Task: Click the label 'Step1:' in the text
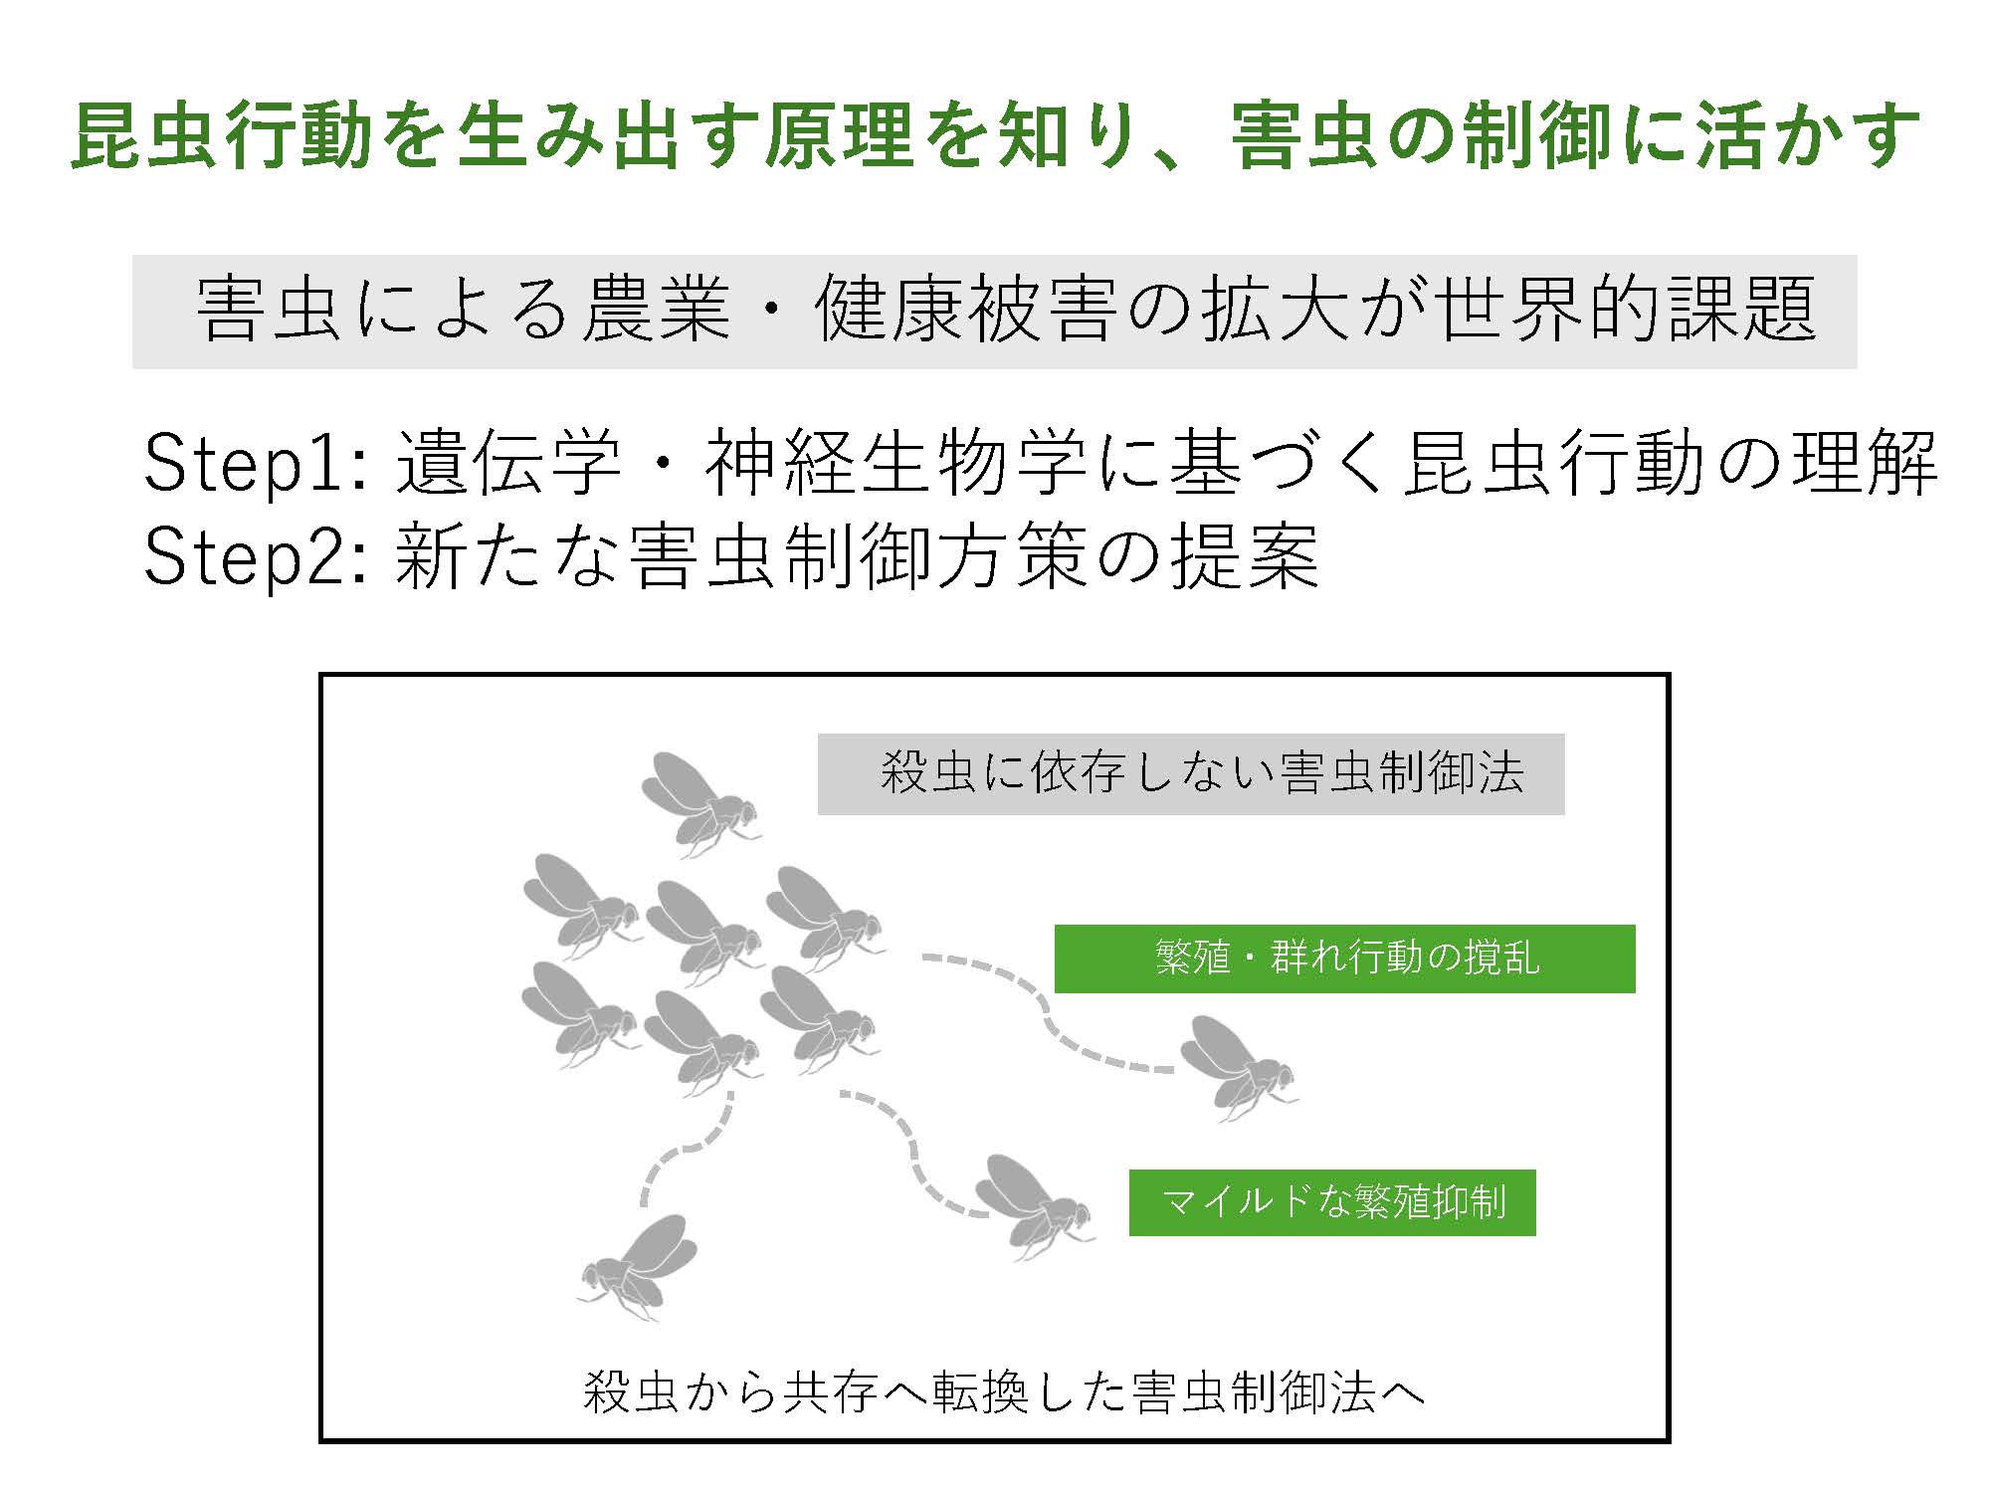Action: (258, 463)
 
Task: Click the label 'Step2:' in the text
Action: (258, 556)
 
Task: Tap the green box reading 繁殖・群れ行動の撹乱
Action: (1344, 959)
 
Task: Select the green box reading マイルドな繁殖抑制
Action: (1332, 1202)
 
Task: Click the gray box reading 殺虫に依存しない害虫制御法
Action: (1191, 774)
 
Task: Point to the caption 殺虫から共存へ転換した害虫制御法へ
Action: (1003, 1391)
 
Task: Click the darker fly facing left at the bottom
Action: (637, 1266)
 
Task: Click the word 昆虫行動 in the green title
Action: (222, 136)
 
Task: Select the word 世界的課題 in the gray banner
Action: (1630, 310)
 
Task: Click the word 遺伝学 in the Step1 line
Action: (508, 463)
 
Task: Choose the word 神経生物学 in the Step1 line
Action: (895, 463)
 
